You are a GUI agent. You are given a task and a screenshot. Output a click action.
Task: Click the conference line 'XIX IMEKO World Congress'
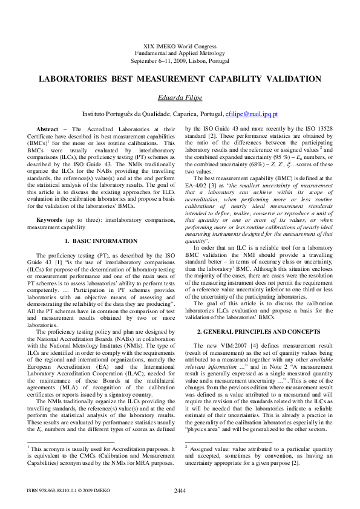tap(180, 46)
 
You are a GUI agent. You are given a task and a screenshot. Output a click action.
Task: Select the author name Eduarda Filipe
tap(180, 97)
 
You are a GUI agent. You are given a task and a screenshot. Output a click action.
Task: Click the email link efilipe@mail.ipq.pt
tap(251, 114)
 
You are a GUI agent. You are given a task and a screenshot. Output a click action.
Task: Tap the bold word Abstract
tap(48, 129)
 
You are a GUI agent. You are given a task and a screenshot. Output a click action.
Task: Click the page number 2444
tap(180, 490)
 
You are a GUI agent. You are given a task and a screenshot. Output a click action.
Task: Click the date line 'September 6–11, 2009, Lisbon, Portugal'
tap(180, 61)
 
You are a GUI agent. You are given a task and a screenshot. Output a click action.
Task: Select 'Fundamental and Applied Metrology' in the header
tap(180, 54)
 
